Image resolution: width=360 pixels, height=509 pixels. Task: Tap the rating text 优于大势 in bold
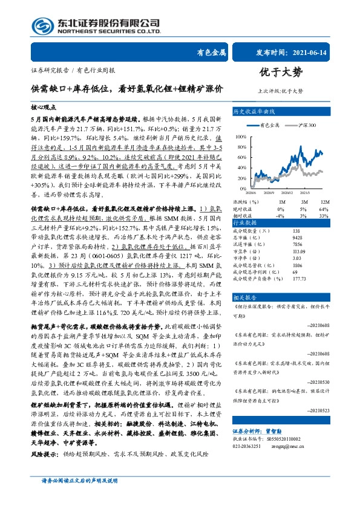280,73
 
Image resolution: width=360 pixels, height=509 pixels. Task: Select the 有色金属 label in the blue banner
212,53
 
